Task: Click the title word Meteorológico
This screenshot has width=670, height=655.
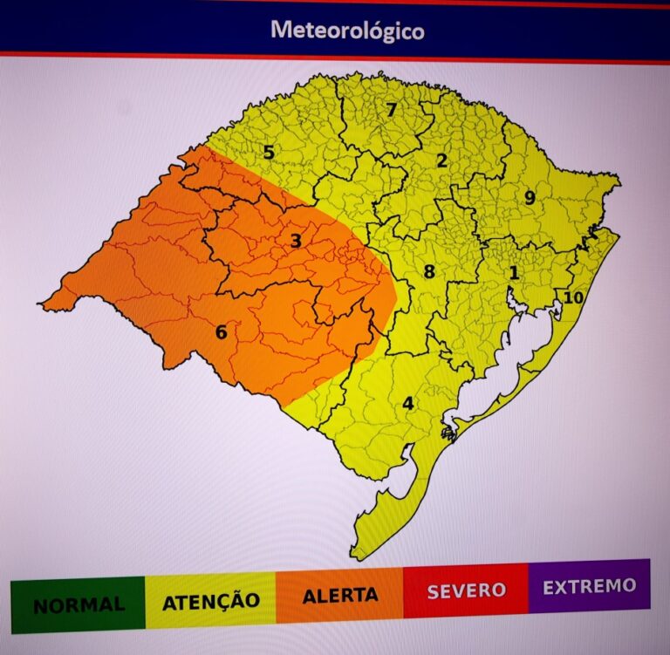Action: pyautogui.click(x=347, y=30)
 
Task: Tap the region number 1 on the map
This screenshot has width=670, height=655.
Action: pyautogui.click(x=514, y=273)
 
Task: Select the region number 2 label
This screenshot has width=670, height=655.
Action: pyautogui.click(x=441, y=160)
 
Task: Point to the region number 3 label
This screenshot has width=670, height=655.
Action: pyautogui.click(x=296, y=241)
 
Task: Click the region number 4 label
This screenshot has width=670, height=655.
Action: pyautogui.click(x=407, y=404)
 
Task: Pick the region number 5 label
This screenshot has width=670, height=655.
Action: pyautogui.click(x=269, y=153)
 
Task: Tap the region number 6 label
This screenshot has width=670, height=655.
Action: pyautogui.click(x=221, y=332)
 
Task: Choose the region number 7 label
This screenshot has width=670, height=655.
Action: pyautogui.click(x=392, y=111)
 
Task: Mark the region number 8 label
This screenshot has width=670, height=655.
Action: pyautogui.click(x=428, y=272)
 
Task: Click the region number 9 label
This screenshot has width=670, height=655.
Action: pyautogui.click(x=530, y=198)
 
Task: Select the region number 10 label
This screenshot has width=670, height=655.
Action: pyautogui.click(x=572, y=297)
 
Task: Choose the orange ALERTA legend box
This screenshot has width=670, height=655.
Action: pyautogui.click(x=339, y=597)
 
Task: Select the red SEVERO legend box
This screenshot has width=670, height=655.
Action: pyautogui.click(x=466, y=590)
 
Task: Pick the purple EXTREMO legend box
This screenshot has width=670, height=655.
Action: pyautogui.click(x=589, y=585)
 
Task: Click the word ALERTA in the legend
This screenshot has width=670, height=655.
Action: pyautogui.click(x=340, y=597)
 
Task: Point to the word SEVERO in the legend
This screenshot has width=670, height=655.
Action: pyautogui.click(x=466, y=590)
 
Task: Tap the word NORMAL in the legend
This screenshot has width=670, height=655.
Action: pyautogui.click(x=78, y=604)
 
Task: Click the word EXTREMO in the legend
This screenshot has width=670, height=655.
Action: pyautogui.click(x=589, y=586)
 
